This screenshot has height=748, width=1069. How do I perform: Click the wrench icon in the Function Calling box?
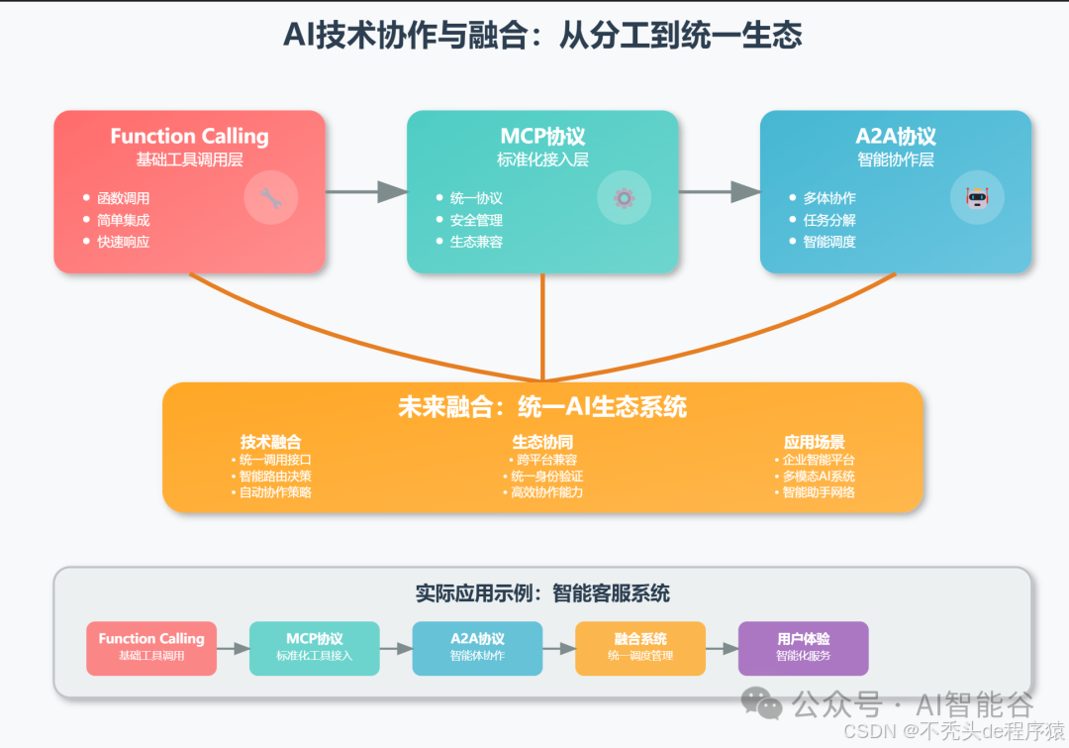(270, 198)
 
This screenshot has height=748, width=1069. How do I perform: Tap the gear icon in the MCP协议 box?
(624, 198)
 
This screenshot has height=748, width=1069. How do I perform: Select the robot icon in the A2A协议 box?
(977, 197)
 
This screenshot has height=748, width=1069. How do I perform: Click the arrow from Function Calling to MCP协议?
(365, 191)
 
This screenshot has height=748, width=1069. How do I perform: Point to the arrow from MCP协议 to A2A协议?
(719, 191)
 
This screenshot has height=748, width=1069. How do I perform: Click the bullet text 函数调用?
(123, 198)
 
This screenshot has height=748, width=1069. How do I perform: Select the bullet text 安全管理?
(476, 220)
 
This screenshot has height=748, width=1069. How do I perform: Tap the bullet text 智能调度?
(829, 242)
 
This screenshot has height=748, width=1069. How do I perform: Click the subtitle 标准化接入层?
(542, 160)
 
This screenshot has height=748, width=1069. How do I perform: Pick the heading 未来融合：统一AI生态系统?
(542, 407)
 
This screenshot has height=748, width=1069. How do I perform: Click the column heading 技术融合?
(270, 442)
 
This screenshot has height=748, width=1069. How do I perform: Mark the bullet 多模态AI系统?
(818, 476)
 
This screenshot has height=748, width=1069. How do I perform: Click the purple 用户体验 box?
(803, 648)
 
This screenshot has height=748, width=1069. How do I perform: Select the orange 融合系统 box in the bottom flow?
(640, 648)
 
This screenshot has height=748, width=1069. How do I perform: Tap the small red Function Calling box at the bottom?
(151, 648)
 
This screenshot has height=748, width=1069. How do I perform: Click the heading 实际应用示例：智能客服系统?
(542, 593)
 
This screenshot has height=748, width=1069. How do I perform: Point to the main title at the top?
(542, 35)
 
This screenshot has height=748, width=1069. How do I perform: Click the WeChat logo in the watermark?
(762, 703)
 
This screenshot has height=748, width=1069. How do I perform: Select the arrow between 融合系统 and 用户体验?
(722, 648)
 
